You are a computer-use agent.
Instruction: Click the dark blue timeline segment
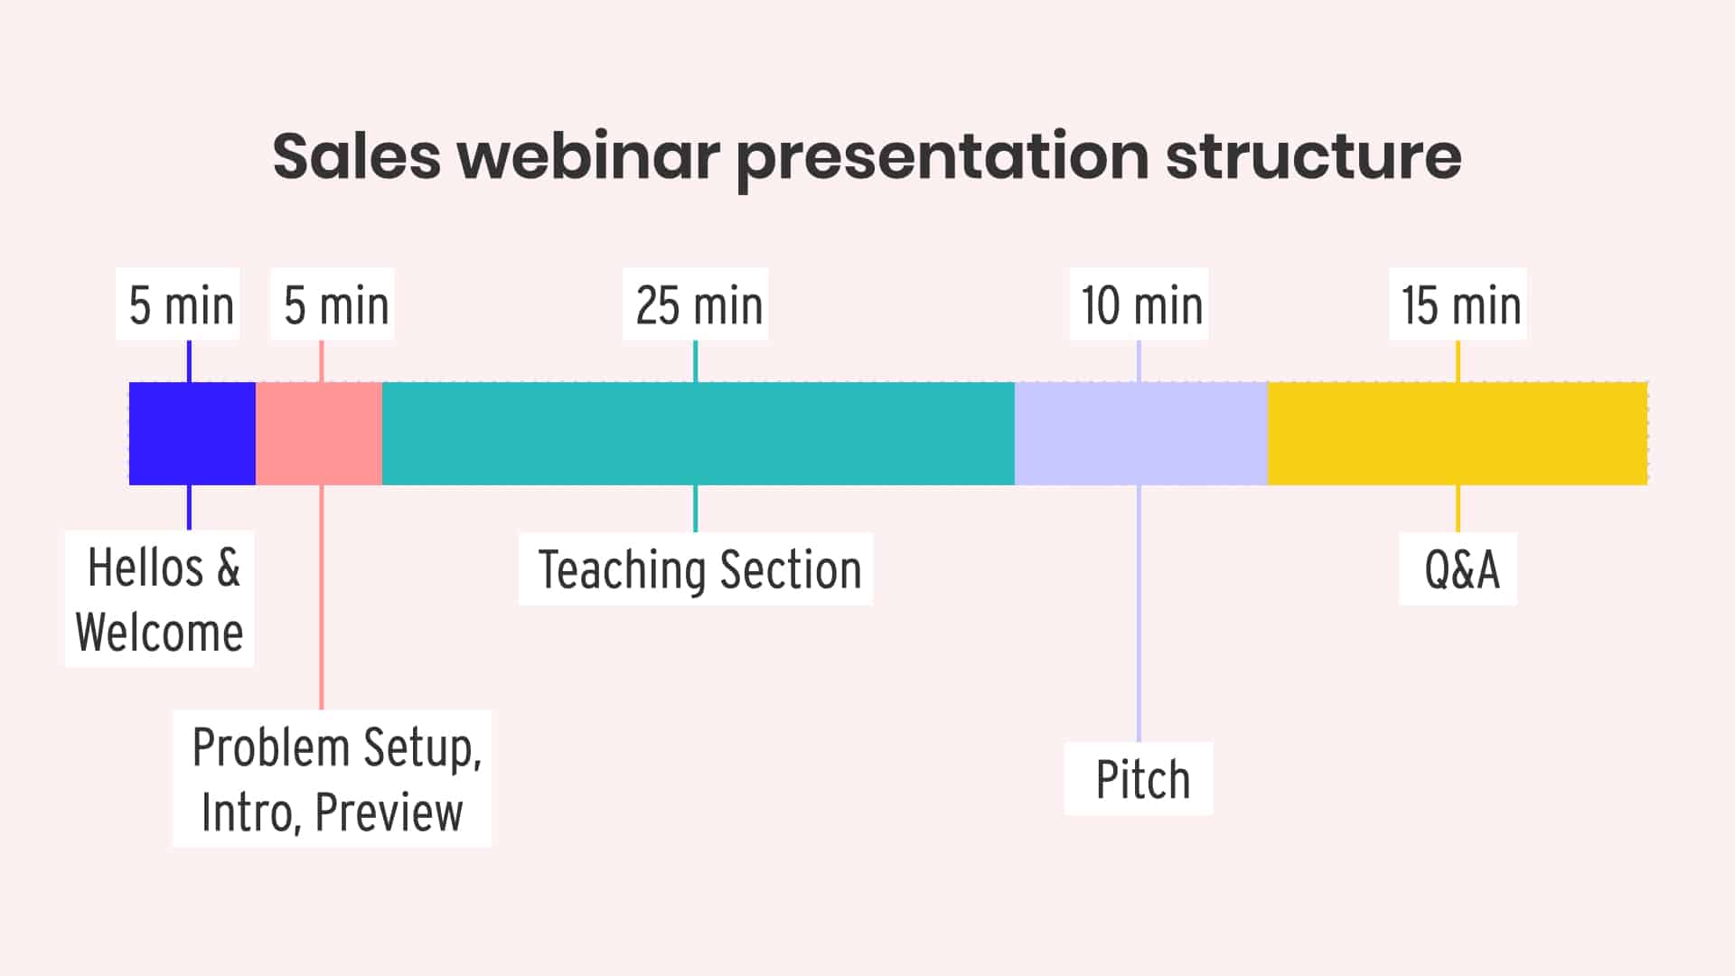(192, 434)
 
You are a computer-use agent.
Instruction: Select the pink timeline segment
(318, 434)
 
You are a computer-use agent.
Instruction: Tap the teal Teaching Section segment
(698, 434)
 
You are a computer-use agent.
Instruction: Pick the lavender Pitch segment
(1140, 434)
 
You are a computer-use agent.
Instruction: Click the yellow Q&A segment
(1457, 434)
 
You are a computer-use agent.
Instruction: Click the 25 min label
(696, 305)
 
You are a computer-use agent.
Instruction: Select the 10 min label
(1139, 305)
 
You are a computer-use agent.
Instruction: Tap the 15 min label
(1458, 305)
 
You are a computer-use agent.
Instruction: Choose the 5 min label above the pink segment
(333, 305)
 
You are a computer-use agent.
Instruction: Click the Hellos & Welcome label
(160, 599)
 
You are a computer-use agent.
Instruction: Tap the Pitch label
(1139, 779)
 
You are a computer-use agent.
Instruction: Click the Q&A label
(1458, 569)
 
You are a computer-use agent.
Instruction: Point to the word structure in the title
(1312, 155)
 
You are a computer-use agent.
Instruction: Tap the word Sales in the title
(356, 155)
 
